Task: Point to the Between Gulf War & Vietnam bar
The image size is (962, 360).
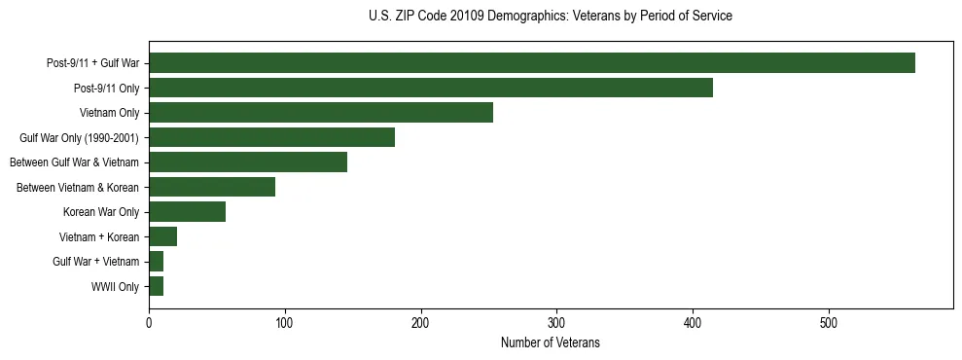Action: tap(247, 162)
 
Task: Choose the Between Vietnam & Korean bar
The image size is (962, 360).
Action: tap(211, 187)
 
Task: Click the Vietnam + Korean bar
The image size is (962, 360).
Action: tap(162, 236)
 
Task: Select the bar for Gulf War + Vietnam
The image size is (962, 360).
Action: tap(156, 262)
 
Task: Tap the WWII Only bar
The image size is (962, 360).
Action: tap(156, 286)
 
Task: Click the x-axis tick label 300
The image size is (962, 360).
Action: tap(556, 323)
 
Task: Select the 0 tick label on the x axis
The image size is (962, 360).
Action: tap(149, 323)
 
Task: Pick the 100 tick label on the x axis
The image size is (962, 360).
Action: tap(285, 323)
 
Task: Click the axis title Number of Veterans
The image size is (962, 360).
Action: tap(550, 343)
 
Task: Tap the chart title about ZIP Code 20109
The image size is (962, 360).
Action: tap(550, 17)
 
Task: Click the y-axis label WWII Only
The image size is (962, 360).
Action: tap(115, 287)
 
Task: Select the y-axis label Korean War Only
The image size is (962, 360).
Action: tap(101, 212)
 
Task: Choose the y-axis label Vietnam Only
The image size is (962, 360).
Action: tap(109, 113)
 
